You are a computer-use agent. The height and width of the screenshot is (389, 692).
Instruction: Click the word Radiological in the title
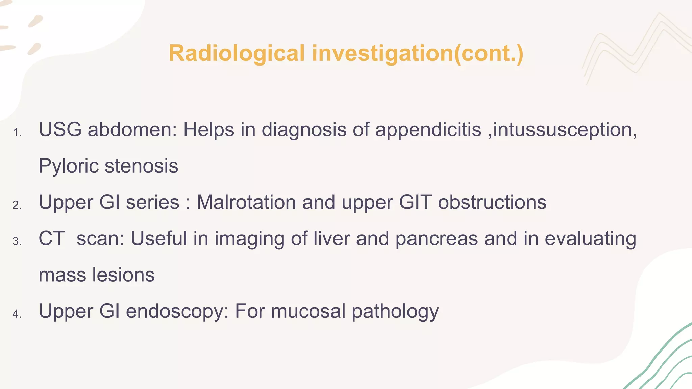[x=237, y=53]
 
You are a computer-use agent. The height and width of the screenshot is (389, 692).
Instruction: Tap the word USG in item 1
[x=60, y=129]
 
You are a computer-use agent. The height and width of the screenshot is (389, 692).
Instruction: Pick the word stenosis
[x=142, y=166]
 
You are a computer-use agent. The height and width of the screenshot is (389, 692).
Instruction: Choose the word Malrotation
[x=246, y=202]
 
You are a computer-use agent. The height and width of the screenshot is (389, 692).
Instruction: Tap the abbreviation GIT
[x=415, y=202]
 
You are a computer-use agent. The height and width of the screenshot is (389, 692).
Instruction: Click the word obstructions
[x=492, y=202]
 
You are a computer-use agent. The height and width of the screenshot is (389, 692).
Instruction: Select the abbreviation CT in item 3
[x=52, y=238]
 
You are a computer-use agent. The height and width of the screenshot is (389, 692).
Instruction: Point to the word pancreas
[x=437, y=239]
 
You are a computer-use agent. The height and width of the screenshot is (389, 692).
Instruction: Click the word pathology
[x=395, y=311]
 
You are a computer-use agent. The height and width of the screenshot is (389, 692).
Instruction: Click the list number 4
[x=17, y=314]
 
